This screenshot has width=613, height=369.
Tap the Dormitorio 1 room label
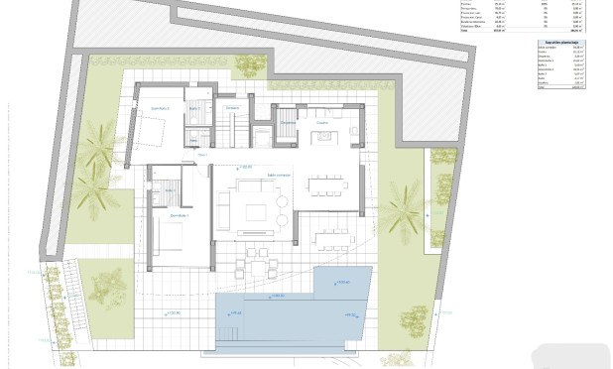point(179,215)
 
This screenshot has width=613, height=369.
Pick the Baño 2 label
point(195,107)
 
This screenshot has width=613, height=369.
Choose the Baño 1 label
point(170,188)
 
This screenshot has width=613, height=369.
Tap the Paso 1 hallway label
point(201,156)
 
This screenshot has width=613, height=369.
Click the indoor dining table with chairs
point(327,184)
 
